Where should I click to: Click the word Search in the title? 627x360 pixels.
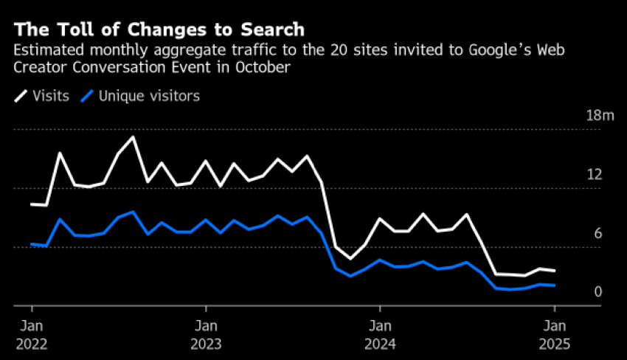coord(269,30)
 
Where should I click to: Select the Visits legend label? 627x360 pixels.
coord(51,96)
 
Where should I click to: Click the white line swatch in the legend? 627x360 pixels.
coord(21,96)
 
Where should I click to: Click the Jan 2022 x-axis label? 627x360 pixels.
coord(32,334)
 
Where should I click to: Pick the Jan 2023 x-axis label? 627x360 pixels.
coord(206,334)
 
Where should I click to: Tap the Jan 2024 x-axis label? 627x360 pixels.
coord(380,334)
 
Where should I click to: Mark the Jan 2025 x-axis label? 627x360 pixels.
coord(554,334)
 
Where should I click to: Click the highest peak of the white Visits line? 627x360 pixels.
coord(133,136)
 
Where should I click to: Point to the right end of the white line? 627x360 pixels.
coord(554,271)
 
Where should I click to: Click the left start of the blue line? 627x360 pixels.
coord(32,243)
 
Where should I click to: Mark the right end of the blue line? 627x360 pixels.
coord(554,285)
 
